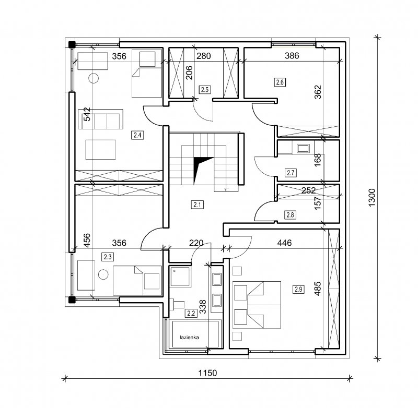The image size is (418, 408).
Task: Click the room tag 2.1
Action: pyautogui.click(x=198, y=205)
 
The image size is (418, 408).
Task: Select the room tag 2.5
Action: pyautogui.click(x=205, y=89)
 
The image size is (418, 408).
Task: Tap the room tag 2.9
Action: pyautogui.click(x=298, y=289)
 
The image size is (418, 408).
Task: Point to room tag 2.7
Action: pyautogui.click(x=291, y=173)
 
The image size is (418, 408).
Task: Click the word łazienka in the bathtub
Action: pyautogui.click(x=189, y=338)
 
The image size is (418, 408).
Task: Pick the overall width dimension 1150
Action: pyautogui.click(x=207, y=373)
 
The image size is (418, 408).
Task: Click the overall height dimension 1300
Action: pyautogui.click(x=371, y=198)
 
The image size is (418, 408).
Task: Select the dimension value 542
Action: pyautogui.click(x=87, y=114)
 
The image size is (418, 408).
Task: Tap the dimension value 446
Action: pyautogui.click(x=284, y=243)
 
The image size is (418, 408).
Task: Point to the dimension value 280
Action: pyautogui.click(x=204, y=56)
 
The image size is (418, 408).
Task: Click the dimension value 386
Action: pyautogui.click(x=292, y=56)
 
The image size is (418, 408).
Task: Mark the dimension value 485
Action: pyautogui.click(x=318, y=289)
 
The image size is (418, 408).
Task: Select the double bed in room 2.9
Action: pyautogui.click(x=257, y=305)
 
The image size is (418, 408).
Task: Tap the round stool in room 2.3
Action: pyautogui.click(x=103, y=274)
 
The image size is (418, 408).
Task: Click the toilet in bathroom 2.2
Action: pyautogui.click(x=178, y=304)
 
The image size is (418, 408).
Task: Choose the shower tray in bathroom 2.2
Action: pyautogui.click(x=180, y=277)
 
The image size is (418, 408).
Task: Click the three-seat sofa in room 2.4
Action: pyautogui.click(x=100, y=119)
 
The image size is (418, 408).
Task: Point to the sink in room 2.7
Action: pyautogui.click(x=303, y=148)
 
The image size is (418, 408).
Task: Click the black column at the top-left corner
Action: pyautogui.click(x=71, y=44)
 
